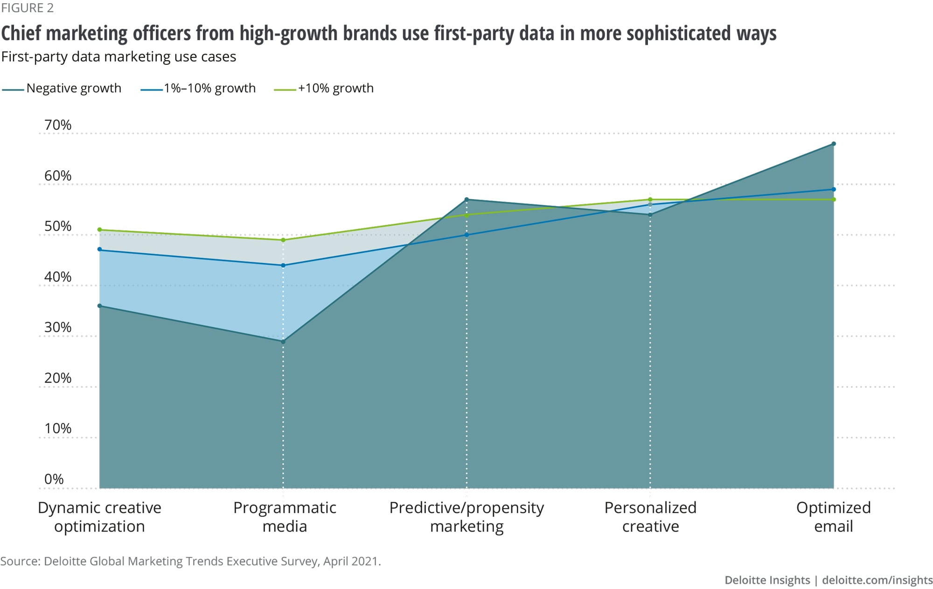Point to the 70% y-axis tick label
58,125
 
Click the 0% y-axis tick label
54,479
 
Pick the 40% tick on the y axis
58,277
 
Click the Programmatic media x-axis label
285,517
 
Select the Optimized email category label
833,517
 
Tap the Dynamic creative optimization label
99,517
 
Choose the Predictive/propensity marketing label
466,517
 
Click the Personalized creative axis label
650,517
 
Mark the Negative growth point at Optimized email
834,144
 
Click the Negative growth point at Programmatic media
283,341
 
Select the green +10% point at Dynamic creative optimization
99,229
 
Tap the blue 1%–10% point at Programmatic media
283,265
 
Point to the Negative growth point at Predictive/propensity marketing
466,200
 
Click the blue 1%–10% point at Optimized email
834,189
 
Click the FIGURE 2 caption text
27,8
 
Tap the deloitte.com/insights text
877,580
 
